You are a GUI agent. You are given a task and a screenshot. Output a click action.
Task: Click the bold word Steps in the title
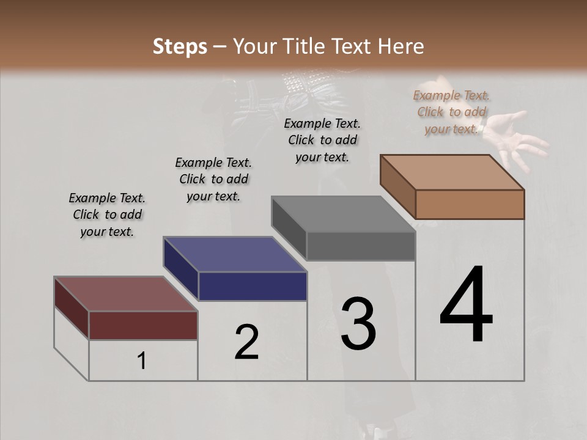pos(180,46)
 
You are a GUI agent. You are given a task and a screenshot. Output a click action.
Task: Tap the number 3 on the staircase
pos(358,324)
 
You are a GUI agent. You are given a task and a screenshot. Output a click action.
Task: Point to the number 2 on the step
pos(246,342)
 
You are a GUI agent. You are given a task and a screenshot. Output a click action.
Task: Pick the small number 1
pos(141,361)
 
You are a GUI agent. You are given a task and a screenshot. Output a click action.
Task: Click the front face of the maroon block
pos(143,325)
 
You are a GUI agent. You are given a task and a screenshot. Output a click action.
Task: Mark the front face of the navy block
pos(253,286)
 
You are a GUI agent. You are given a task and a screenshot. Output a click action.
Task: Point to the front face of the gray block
pos(361,246)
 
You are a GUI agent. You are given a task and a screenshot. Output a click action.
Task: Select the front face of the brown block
pos(470,204)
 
